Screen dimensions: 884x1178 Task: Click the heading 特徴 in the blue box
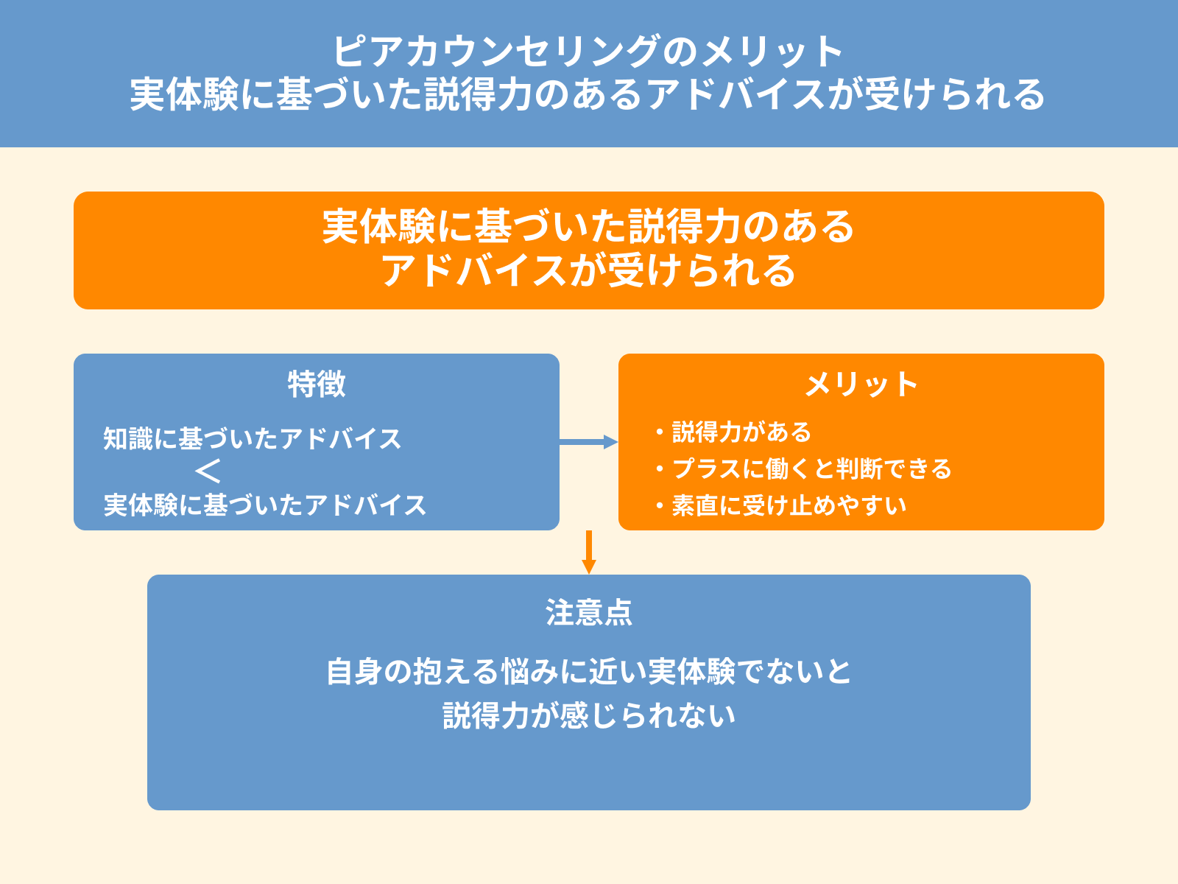click(x=317, y=384)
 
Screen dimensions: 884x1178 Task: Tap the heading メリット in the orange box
click(x=861, y=384)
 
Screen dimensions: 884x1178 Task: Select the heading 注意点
click(x=588, y=612)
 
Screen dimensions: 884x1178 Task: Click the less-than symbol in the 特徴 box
click(x=208, y=471)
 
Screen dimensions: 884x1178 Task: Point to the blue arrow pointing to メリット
click(x=588, y=442)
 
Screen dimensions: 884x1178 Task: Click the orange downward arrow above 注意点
click(x=588, y=552)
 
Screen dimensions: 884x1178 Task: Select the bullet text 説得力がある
click(x=741, y=432)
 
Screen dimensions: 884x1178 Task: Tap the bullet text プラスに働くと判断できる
click(x=811, y=469)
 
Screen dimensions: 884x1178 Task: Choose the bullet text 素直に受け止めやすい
click(x=789, y=505)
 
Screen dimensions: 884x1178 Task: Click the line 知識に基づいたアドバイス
click(x=253, y=439)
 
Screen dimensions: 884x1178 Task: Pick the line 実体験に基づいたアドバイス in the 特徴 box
click(x=265, y=505)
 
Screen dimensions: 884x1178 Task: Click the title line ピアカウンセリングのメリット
click(x=588, y=52)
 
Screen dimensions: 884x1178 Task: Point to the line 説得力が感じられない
click(x=588, y=715)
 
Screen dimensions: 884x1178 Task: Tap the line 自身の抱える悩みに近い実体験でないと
click(x=588, y=671)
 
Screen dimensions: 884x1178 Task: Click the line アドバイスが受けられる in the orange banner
click(x=588, y=270)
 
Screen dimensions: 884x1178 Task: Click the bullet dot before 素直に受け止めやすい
click(x=660, y=506)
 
